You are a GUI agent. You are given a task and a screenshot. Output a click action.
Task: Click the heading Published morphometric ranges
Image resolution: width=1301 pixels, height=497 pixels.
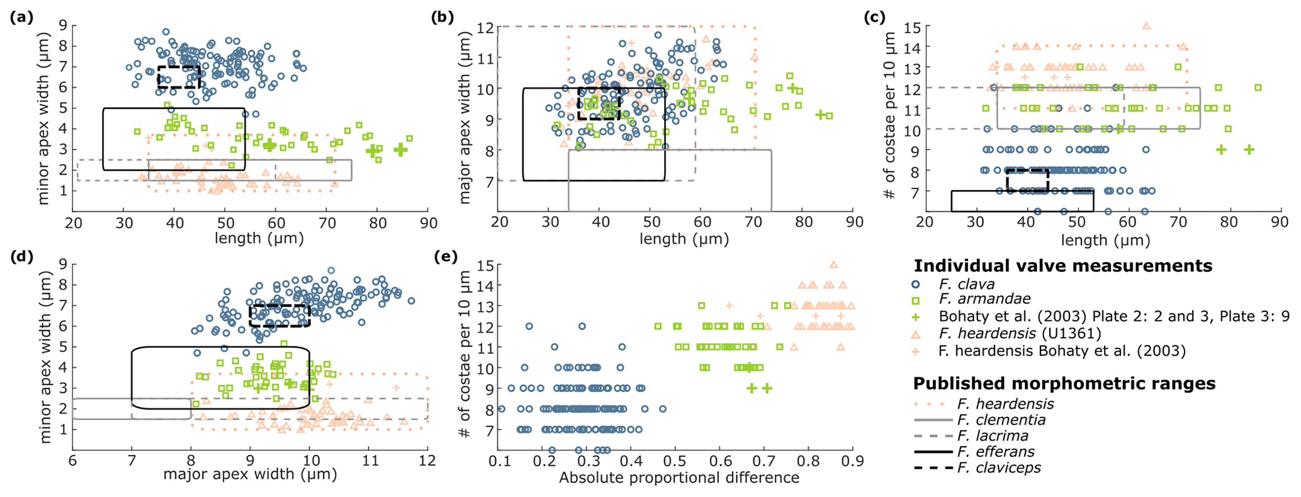(1064, 384)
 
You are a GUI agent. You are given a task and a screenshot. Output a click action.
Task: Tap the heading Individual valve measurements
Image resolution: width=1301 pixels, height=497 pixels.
(1062, 266)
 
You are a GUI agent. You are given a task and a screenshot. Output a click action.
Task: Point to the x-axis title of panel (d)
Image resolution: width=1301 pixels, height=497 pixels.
(250, 474)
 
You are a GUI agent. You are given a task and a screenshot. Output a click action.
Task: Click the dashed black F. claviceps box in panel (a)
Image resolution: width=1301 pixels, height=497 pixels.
(179, 77)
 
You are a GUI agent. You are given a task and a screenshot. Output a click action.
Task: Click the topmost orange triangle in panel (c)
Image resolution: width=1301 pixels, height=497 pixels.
(1146, 26)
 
